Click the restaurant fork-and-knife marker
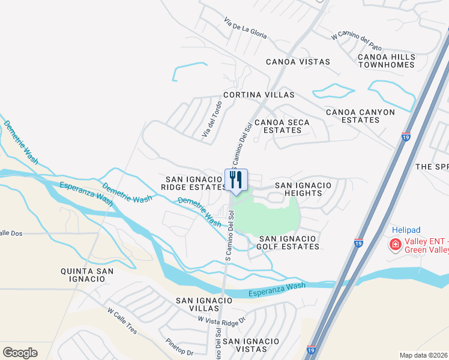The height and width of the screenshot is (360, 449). click(x=236, y=179)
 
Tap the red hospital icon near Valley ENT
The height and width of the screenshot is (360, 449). click(x=395, y=244)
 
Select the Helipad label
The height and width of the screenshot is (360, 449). click(x=407, y=230)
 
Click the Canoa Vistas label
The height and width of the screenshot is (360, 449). click(x=298, y=62)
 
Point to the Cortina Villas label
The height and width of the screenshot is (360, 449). click(x=259, y=95)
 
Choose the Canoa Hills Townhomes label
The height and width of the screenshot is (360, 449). click(x=387, y=61)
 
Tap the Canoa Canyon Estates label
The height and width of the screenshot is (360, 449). click(x=360, y=116)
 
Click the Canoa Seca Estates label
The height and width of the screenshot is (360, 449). click(x=282, y=126)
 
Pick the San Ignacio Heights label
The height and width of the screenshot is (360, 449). click(x=303, y=190)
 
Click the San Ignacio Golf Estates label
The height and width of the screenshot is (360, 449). click(x=288, y=242)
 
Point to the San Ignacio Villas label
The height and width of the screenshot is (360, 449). click(x=204, y=304)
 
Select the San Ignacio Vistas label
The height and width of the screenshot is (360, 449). click(x=249, y=345)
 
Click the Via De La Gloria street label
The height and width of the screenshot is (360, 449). click(x=245, y=28)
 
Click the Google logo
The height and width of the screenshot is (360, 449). click(x=20, y=353)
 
